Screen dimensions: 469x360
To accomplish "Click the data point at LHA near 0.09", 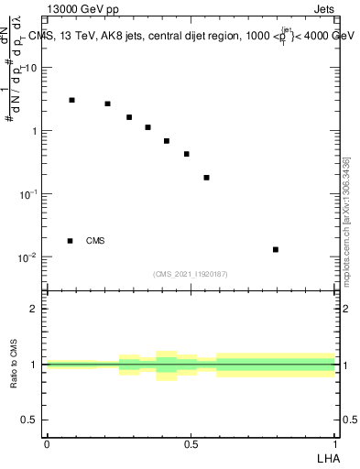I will [x=71, y=100].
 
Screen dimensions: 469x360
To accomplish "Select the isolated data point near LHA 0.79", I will [x=276, y=249].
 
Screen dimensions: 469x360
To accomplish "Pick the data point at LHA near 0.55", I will [x=206, y=178].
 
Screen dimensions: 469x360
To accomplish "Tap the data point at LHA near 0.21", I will [x=107, y=104].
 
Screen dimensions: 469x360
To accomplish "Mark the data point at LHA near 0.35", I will [x=147, y=127].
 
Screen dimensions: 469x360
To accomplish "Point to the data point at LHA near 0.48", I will [x=186, y=154].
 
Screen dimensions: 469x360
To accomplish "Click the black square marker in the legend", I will [x=71, y=241].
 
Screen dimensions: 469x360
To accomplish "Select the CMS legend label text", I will [x=95, y=241].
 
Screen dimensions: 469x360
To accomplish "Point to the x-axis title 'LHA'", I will [x=326, y=457].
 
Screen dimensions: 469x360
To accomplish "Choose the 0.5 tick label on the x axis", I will [x=191, y=444].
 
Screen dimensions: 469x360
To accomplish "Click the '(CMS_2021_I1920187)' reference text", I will [x=191, y=274].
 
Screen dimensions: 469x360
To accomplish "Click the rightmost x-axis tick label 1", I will [x=335, y=444].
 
